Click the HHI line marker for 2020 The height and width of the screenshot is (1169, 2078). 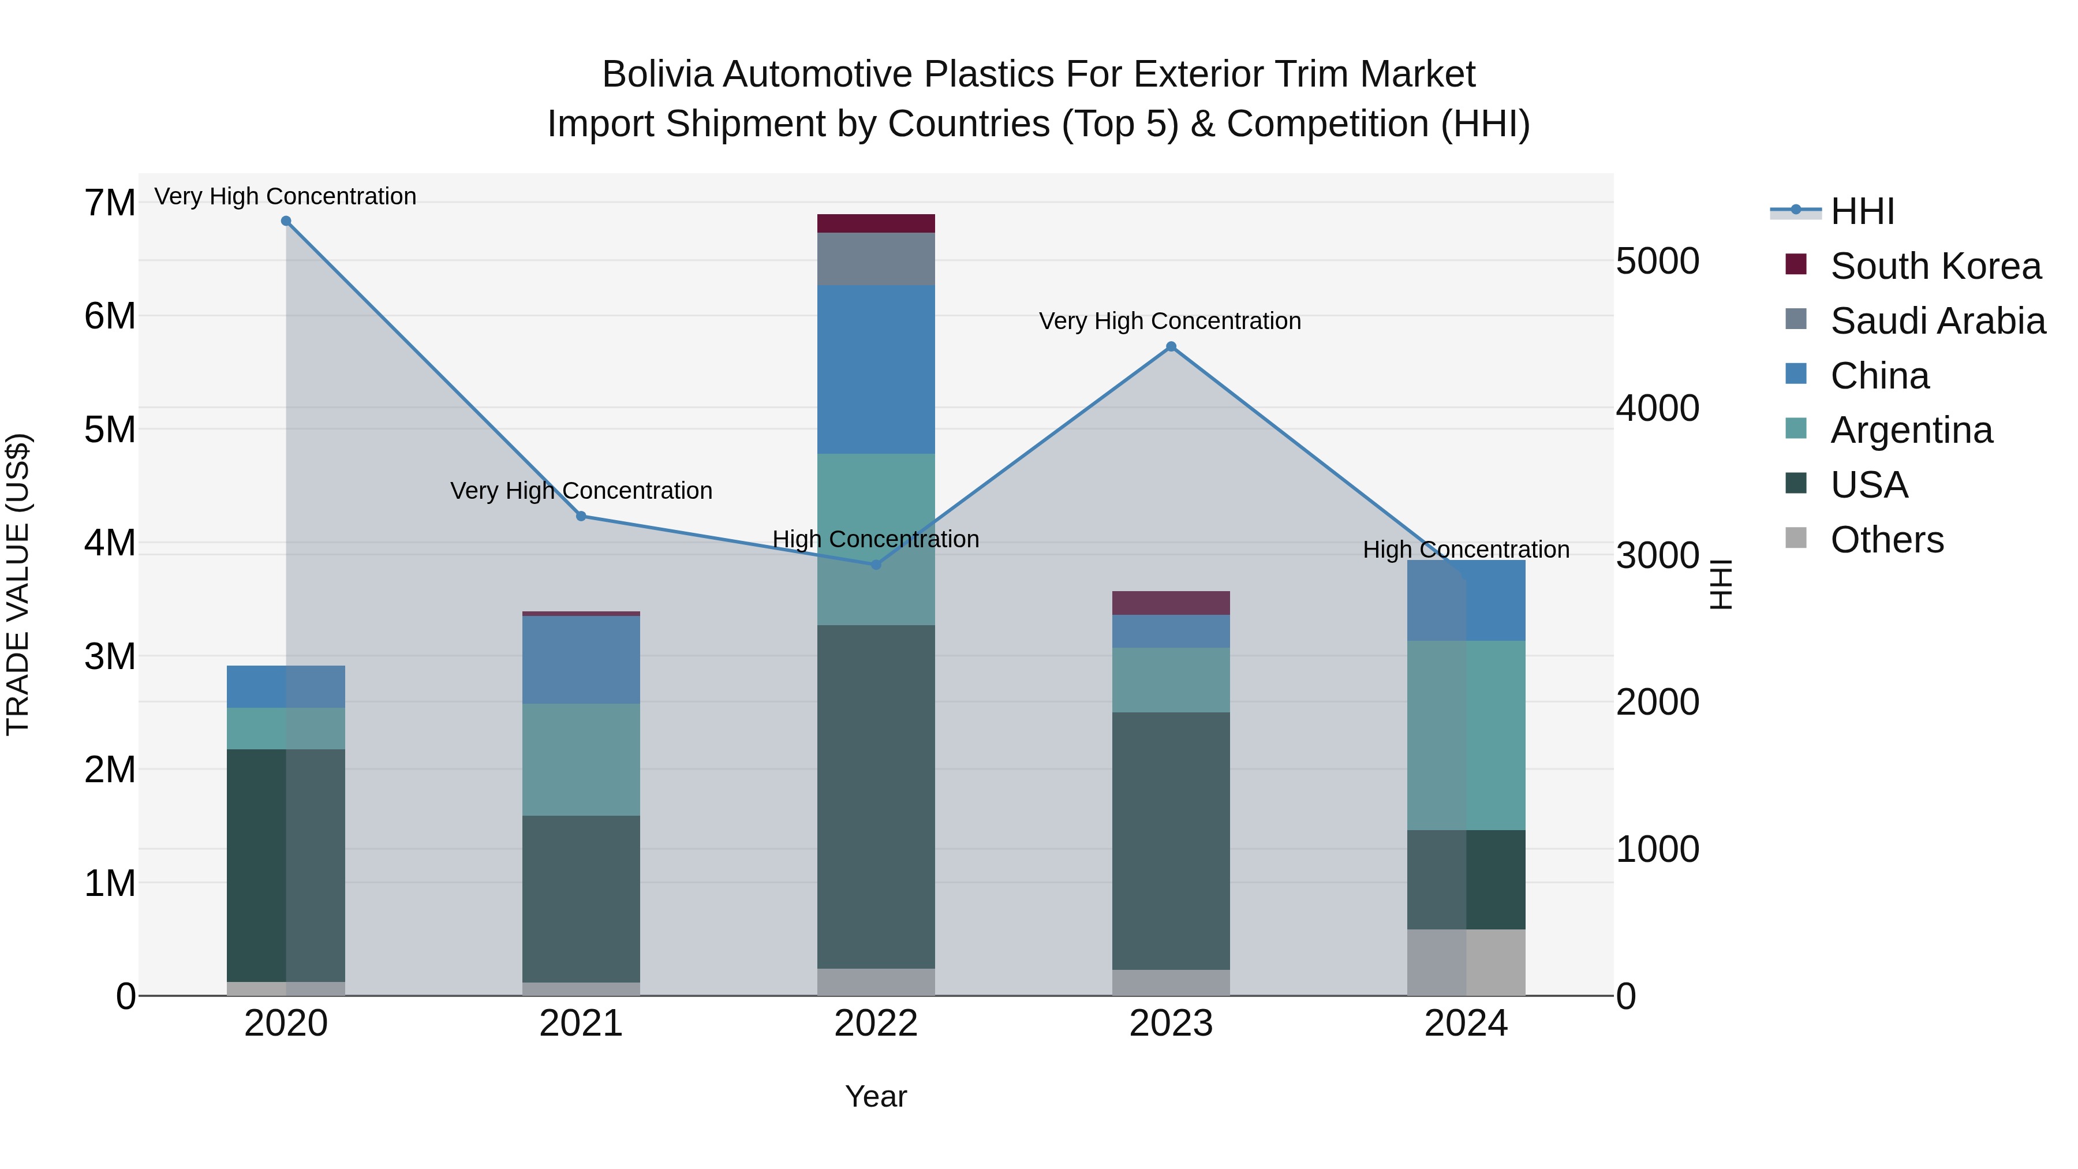point(286,221)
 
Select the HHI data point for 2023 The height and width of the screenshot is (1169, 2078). point(1171,347)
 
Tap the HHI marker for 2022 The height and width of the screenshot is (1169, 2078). point(876,565)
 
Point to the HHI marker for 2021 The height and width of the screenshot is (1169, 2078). point(581,516)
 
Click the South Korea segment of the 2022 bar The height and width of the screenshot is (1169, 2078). point(876,223)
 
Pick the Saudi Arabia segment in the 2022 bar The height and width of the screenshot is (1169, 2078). point(876,259)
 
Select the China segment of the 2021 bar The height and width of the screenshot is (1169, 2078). point(581,660)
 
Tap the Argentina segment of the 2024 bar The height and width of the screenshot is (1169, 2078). point(1467,736)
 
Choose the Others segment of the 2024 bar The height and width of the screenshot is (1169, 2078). point(1467,962)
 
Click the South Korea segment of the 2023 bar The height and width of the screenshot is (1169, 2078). point(1171,603)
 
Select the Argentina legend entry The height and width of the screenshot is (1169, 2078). point(1911,430)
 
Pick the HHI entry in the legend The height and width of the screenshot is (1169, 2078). point(1862,211)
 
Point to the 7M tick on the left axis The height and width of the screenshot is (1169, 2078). point(110,203)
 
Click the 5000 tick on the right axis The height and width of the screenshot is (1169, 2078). point(1658,262)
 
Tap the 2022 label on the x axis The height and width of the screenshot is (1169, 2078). point(876,1024)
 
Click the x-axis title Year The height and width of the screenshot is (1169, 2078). point(876,1096)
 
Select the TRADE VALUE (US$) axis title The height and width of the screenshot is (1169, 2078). point(18,584)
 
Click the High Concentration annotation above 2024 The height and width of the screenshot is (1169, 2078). point(1467,550)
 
